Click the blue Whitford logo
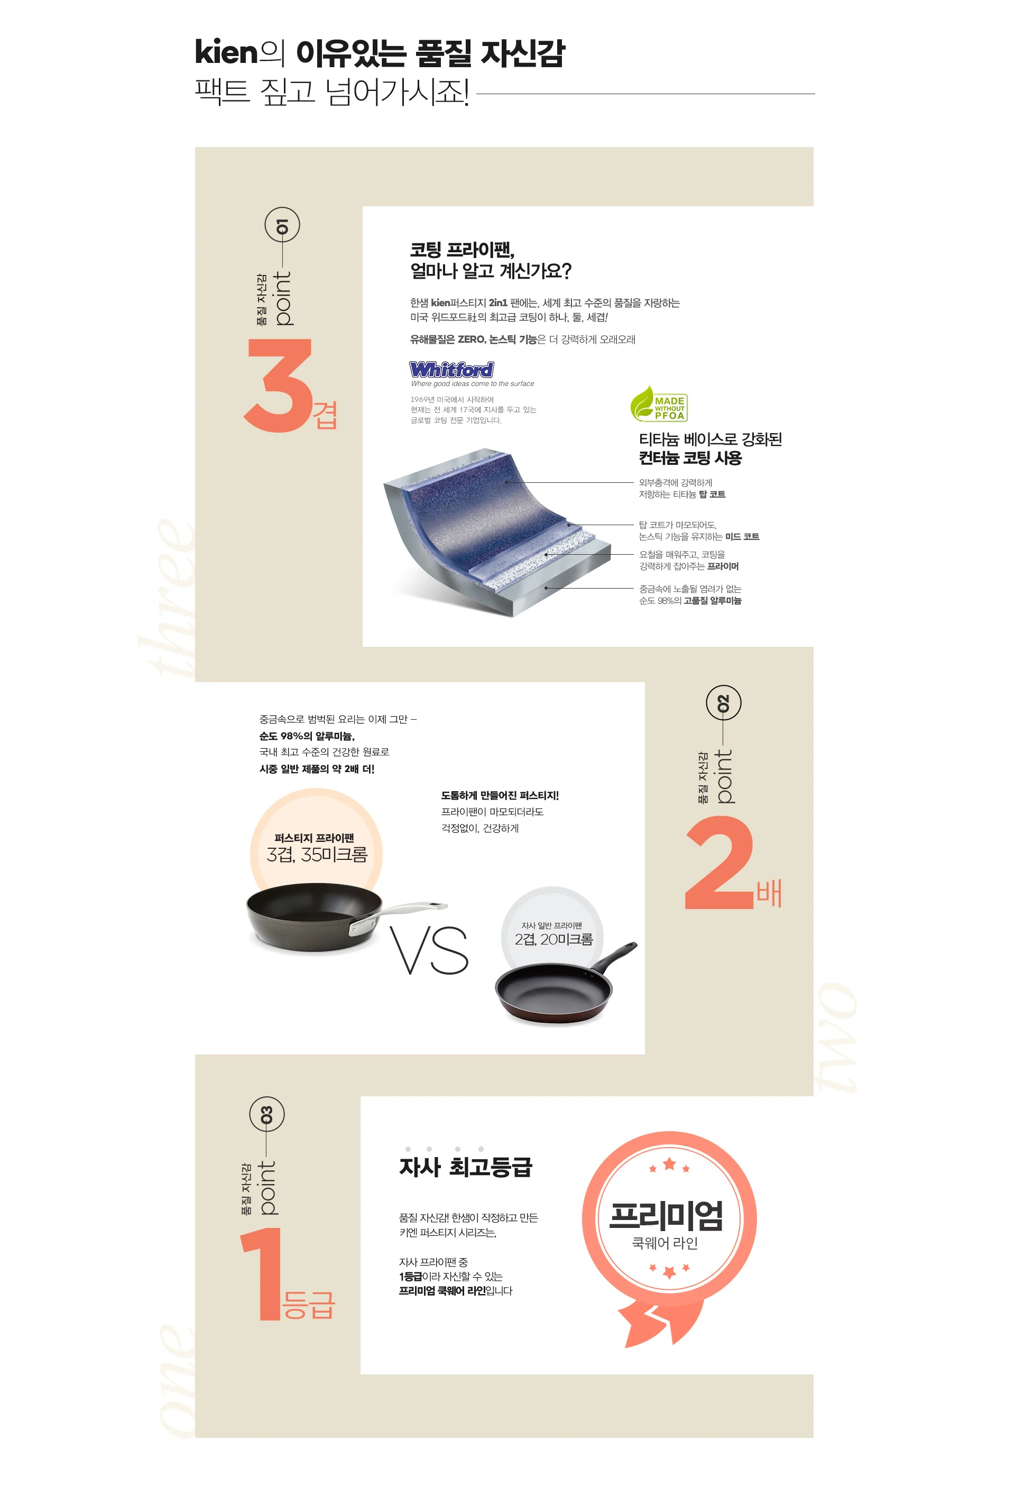click(451, 369)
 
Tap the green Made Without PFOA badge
click(659, 405)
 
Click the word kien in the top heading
click(226, 52)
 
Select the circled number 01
click(282, 226)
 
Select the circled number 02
click(723, 703)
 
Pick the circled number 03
click(266, 1114)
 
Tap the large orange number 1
click(260, 1273)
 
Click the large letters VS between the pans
click(429, 950)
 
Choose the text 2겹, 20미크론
click(553, 939)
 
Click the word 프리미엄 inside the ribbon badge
click(666, 1215)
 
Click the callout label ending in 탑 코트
click(682, 489)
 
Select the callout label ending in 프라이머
click(689, 561)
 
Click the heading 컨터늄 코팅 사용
click(690, 458)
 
